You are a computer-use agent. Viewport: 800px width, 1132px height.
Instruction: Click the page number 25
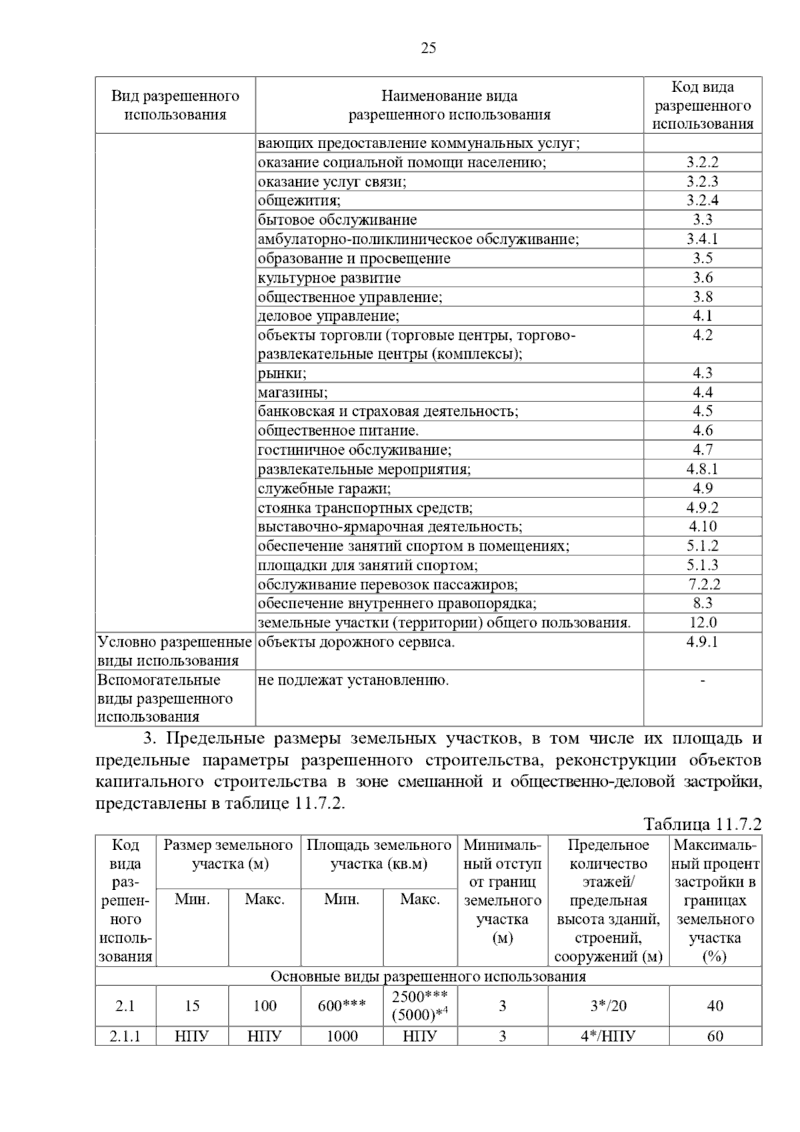click(x=429, y=48)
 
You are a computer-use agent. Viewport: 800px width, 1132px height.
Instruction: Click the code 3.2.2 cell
click(x=702, y=162)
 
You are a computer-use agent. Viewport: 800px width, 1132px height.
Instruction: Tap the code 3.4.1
click(x=702, y=239)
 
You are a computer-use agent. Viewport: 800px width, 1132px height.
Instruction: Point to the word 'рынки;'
click(x=282, y=373)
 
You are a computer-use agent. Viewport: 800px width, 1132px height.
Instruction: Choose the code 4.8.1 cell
click(x=702, y=469)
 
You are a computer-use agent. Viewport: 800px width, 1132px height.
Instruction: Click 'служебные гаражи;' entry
click(x=324, y=489)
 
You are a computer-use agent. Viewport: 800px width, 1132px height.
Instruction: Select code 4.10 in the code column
click(x=702, y=527)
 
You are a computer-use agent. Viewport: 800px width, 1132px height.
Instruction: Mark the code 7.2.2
click(x=703, y=585)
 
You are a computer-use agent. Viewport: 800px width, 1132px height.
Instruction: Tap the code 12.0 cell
click(x=702, y=623)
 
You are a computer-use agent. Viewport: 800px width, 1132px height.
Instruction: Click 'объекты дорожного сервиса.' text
click(x=356, y=643)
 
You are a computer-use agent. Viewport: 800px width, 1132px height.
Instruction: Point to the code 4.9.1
click(x=702, y=643)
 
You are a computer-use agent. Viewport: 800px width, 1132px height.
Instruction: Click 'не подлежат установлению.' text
click(x=353, y=681)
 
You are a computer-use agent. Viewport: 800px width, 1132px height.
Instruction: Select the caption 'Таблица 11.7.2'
click(x=701, y=824)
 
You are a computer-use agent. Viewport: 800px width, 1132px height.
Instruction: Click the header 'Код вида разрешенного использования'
click(x=702, y=105)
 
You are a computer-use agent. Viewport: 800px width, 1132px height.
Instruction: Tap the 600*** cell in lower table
click(x=341, y=1006)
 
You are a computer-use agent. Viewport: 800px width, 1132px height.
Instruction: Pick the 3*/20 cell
click(x=608, y=1006)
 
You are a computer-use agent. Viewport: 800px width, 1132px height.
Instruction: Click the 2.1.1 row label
click(x=125, y=1036)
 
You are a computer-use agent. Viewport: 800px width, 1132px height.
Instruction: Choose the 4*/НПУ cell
click(x=608, y=1036)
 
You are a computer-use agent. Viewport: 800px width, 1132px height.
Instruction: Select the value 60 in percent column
click(x=715, y=1036)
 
